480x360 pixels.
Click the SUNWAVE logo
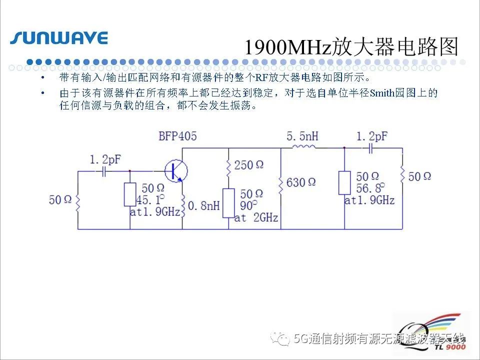pyautogui.click(x=59, y=38)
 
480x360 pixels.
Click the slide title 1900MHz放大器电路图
pyautogui.click(x=351, y=47)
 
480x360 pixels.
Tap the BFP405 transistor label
pyautogui.click(x=177, y=136)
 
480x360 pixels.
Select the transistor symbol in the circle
pyautogui.click(x=176, y=171)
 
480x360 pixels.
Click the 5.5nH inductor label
pyautogui.click(x=302, y=136)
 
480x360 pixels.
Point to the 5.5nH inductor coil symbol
pyautogui.click(x=303, y=147)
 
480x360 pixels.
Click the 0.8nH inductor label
pyautogui.click(x=204, y=205)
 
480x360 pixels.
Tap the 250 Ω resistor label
pyautogui.click(x=248, y=165)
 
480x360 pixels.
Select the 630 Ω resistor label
pyautogui.click(x=301, y=182)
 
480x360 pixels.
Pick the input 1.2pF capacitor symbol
pyautogui.click(x=104, y=171)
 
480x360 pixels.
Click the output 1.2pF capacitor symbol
pyautogui.click(x=370, y=148)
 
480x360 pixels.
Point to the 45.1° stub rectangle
pyautogui.click(x=130, y=194)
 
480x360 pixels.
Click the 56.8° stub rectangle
pyautogui.click(x=344, y=183)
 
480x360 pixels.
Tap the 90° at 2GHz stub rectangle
pyautogui.click(x=228, y=203)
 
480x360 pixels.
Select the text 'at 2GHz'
pyautogui.click(x=256, y=217)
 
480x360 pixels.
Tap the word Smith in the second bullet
pyautogui.click(x=381, y=93)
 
